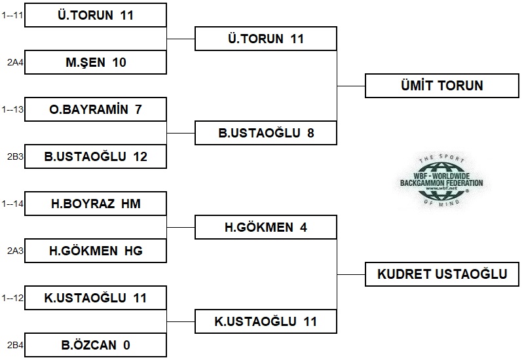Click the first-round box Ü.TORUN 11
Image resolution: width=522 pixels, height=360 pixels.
(x=96, y=16)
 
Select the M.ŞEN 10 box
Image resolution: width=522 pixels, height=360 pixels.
(x=96, y=63)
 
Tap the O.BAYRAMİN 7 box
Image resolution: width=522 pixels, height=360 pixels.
(x=96, y=110)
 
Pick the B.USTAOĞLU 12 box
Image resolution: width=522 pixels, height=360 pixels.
(x=96, y=157)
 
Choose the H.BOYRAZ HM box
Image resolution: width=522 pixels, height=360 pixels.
(x=96, y=204)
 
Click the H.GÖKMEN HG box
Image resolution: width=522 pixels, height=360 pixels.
(x=96, y=251)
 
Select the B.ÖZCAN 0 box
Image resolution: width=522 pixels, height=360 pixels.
(x=96, y=345)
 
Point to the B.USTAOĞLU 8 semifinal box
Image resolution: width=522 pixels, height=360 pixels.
(x=266, y=134)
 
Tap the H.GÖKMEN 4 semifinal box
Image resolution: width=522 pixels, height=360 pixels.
(x=266, y=228)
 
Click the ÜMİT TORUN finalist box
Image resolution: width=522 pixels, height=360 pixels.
(x=441, y=86)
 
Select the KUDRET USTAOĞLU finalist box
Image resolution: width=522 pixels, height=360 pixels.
(x=441, y=274)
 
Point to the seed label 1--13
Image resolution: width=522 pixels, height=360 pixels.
(x=13, y=110)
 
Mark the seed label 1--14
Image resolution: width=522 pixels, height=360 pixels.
(x=13, y=204)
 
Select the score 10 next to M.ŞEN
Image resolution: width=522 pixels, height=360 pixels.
(x=119, y=63)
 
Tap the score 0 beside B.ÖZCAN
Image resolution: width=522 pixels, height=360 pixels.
(x=126, y=345)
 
